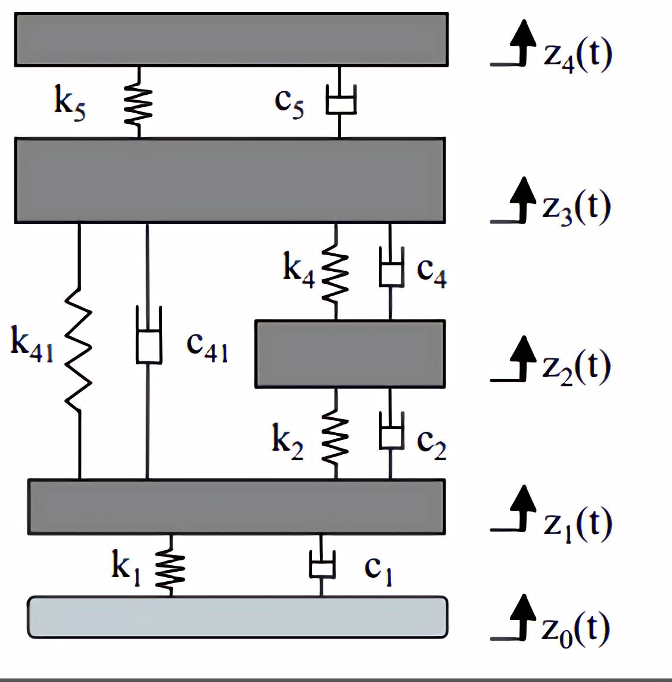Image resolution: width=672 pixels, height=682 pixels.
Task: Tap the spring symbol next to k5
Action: [139, 103]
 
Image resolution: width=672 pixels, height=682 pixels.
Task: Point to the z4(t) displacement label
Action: [577, 56]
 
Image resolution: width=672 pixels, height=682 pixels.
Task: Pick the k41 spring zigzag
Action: [79, 349]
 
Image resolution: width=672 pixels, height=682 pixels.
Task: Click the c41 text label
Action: [207, 345]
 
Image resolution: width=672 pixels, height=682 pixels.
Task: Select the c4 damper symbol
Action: [391, 271]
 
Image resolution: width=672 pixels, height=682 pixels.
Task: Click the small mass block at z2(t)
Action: [350, 354]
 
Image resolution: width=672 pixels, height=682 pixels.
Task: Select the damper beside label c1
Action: [322, 565]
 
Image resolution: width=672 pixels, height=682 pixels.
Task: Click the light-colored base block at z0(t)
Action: [237, 617]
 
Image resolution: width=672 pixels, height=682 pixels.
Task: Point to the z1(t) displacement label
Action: [577, 524]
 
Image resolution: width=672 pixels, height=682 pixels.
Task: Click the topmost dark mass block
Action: [231, 39]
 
